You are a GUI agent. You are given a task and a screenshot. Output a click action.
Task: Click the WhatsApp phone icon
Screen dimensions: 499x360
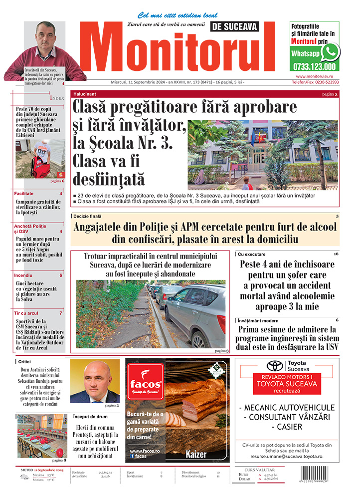pos(330,52)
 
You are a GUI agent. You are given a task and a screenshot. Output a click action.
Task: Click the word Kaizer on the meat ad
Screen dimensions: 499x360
pos(196,455)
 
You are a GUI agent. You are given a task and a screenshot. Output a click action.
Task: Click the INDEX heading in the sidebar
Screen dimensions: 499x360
pos(57,98)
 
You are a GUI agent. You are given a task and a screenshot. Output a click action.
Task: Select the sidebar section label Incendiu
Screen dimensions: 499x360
pos(23,275)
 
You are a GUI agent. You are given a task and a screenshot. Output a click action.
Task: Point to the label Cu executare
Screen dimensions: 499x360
pos(252,254)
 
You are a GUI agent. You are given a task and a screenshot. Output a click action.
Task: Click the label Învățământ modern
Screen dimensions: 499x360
pos(261,320)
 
